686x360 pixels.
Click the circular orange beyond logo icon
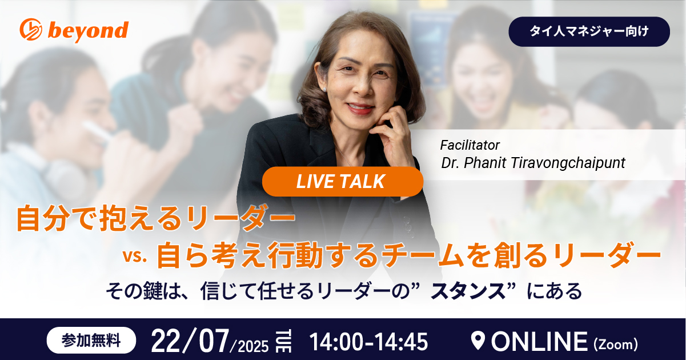[31, 29]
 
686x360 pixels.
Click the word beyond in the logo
[88, 31]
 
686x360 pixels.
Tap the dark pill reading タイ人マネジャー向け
[589, 31]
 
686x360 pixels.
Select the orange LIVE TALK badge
[343, 181]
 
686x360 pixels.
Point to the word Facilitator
[470, 145]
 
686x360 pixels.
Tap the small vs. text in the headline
[135, 257]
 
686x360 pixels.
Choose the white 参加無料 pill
[91, 340]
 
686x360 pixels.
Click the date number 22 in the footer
[166, 341]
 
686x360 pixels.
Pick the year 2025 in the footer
[253, 346]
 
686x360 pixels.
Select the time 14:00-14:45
[368, 342]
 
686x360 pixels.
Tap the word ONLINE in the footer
[539, 341]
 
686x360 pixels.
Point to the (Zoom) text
[616, 345]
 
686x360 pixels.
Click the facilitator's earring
[324, 89]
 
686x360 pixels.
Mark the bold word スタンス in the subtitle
[468, 291]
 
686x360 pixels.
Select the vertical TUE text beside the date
[284, 341]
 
